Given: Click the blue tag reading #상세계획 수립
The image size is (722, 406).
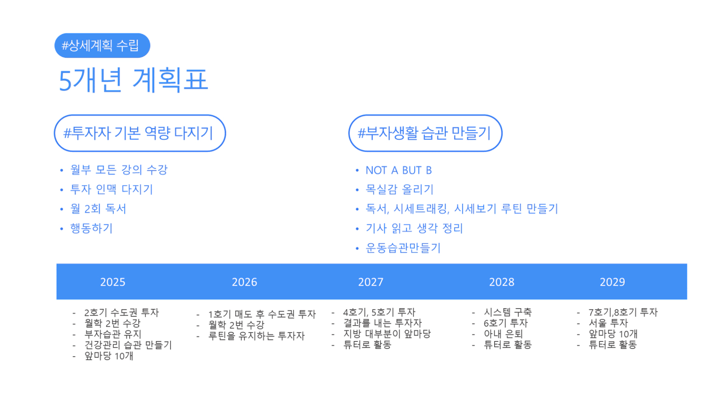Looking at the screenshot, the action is [102, 45].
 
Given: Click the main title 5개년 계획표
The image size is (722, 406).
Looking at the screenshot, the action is [133, 80].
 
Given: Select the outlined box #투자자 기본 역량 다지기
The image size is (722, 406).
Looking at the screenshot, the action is [140, 133].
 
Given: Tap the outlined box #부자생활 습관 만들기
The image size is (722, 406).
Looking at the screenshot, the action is [425, 133].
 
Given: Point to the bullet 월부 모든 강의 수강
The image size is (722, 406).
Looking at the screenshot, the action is [119, 170].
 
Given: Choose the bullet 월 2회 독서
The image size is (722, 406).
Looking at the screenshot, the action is [98, 209].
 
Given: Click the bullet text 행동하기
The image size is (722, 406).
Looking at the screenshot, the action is [91, 229].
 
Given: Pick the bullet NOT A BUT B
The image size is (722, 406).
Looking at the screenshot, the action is [399, 170].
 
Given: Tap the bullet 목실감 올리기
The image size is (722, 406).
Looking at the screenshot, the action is [400, 189].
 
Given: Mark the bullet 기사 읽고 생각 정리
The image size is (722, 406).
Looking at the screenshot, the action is [414, 229].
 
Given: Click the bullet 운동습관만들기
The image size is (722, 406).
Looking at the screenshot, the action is [403, 248].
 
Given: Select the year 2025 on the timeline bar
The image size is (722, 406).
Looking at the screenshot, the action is [113, 282].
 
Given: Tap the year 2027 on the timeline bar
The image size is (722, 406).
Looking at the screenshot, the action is [371, 282].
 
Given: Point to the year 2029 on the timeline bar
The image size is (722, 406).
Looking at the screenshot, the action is [613, 282].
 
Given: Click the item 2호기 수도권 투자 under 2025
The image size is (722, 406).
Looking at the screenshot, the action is [121, 312].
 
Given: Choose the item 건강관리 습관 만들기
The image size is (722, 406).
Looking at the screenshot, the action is [128, 345].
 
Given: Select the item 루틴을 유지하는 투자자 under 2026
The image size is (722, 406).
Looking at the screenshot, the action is [256, 336].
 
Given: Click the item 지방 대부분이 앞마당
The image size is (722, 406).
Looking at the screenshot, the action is [387, 334].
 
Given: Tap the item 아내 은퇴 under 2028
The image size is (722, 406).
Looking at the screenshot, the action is [503, 334].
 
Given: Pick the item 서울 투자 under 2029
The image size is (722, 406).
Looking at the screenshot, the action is [608, 323].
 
